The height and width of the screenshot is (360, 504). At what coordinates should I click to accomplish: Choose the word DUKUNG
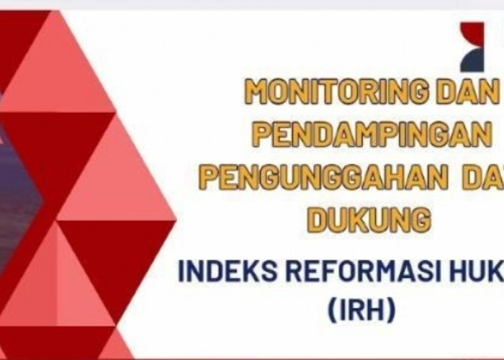(x=369, y=219)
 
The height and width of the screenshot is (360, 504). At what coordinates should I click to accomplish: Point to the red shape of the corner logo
(x=472, y=35)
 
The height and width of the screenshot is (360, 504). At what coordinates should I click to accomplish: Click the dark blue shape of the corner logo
(x=476, y=63)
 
